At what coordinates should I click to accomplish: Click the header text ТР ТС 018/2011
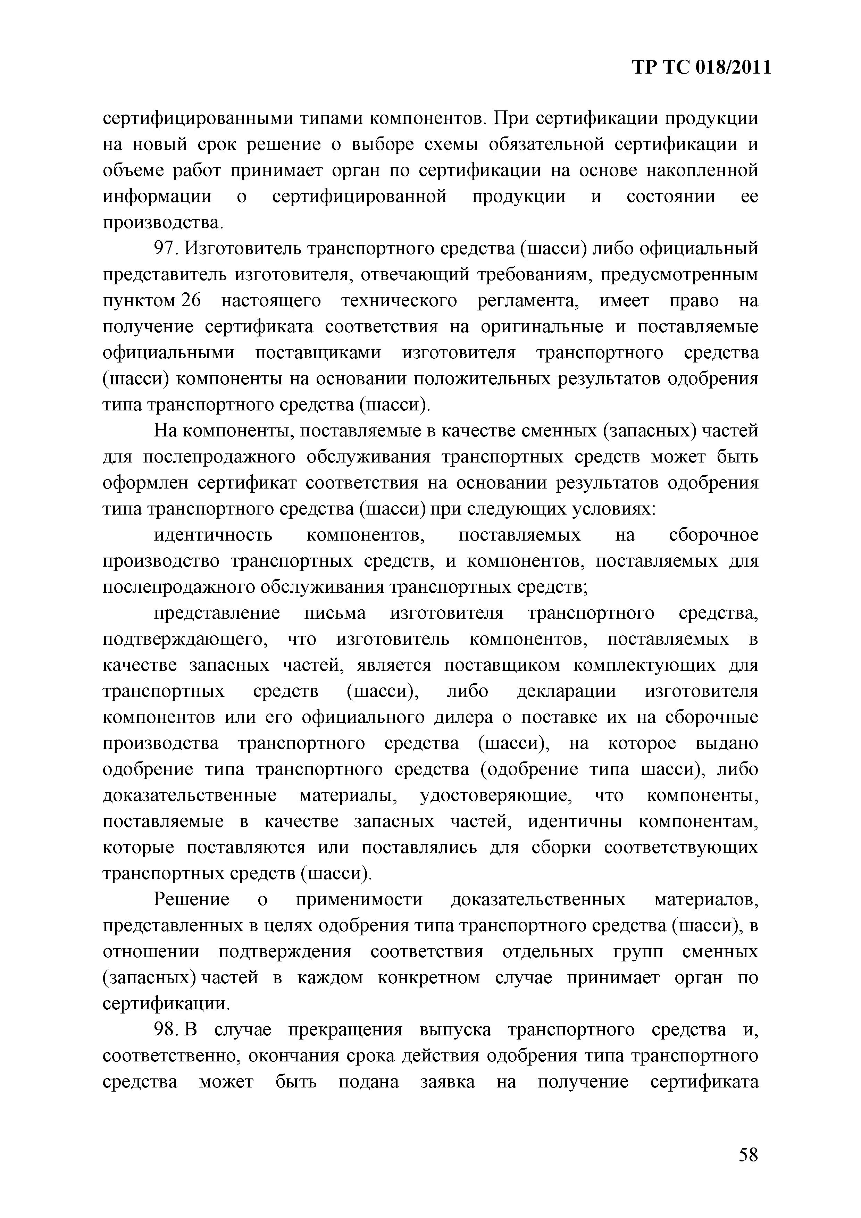tap(701, 68)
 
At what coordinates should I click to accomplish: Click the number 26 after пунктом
tap(192, 300)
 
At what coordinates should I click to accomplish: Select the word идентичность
tap(213, 535)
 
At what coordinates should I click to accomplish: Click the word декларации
tap(566, 692)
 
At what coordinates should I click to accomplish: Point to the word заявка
tap(447, 1082)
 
